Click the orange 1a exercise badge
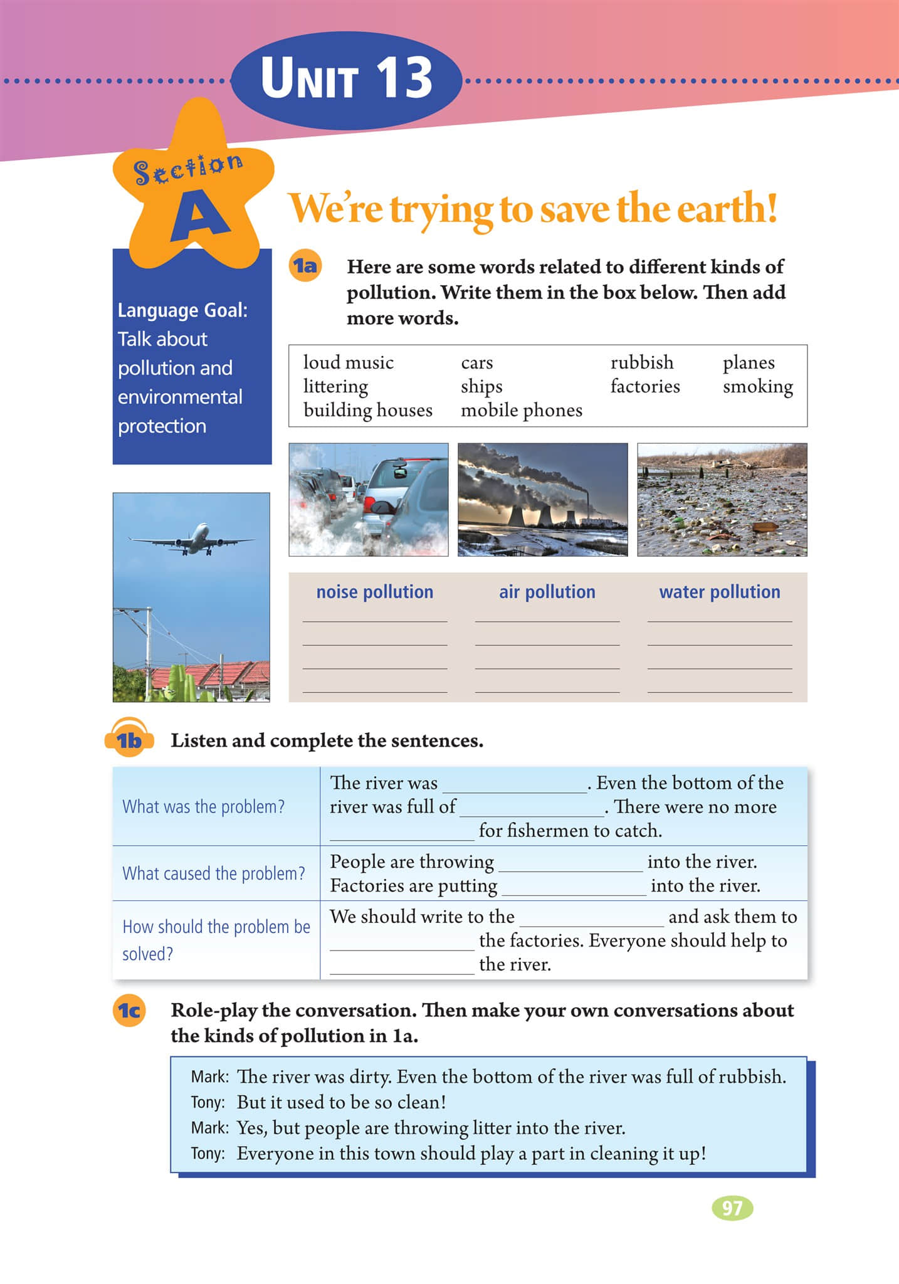coord(305,266)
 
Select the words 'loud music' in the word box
coord(348,362)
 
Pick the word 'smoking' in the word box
coord(757,386)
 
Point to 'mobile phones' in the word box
coord(521,410)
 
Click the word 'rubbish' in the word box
coord(641,362)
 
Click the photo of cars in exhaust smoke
coord(368,500)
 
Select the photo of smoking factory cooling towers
coord(542,500)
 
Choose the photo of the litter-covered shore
coord(722,500)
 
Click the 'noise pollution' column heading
coord(374,592)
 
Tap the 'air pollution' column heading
coord(547,592)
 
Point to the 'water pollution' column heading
coord(719,592)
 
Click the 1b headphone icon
coord(129,739)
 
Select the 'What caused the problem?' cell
coord(214,873)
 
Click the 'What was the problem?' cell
coord(203,806)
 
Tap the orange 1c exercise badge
coord(129,1011)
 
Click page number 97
coord(732,1208)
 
